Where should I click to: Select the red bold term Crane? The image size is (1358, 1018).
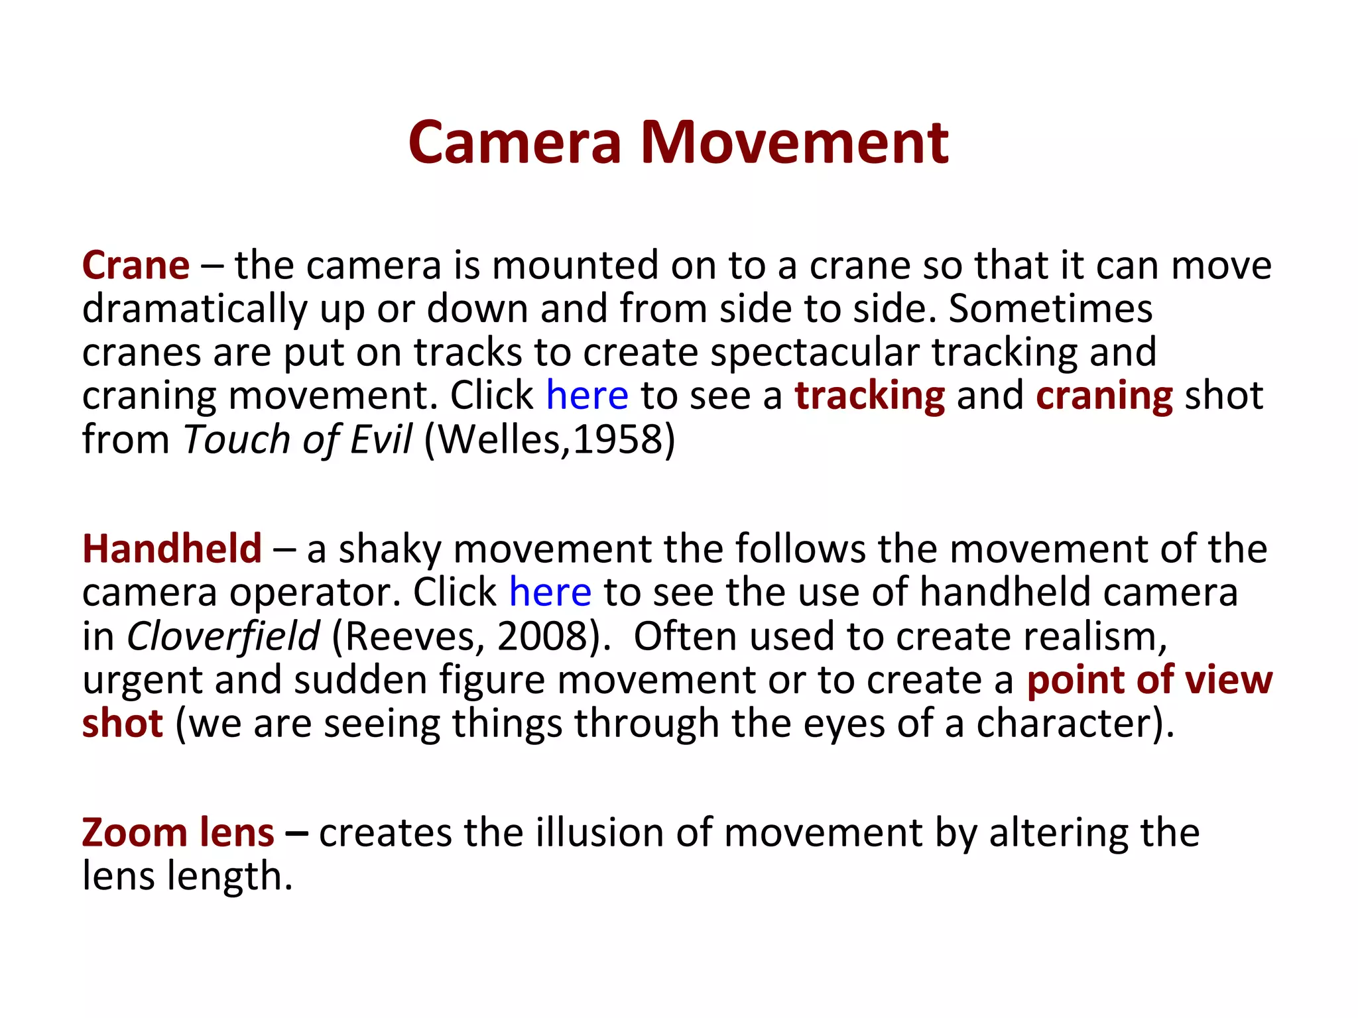coord(136,265)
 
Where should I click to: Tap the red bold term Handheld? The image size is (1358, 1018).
coord(172,549)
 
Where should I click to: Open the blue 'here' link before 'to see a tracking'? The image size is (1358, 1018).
coord(587,396)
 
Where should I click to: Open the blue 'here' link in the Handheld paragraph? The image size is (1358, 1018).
coord(550,592)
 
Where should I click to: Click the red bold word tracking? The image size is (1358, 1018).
coord(870,396)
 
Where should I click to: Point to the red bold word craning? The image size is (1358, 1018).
coord(1104,396)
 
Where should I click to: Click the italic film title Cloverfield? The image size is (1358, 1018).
coord(223,636)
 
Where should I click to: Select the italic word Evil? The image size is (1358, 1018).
coord(381,439)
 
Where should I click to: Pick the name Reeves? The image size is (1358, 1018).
coord(414,636)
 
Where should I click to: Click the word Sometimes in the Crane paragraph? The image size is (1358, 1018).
coord(1050,309)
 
